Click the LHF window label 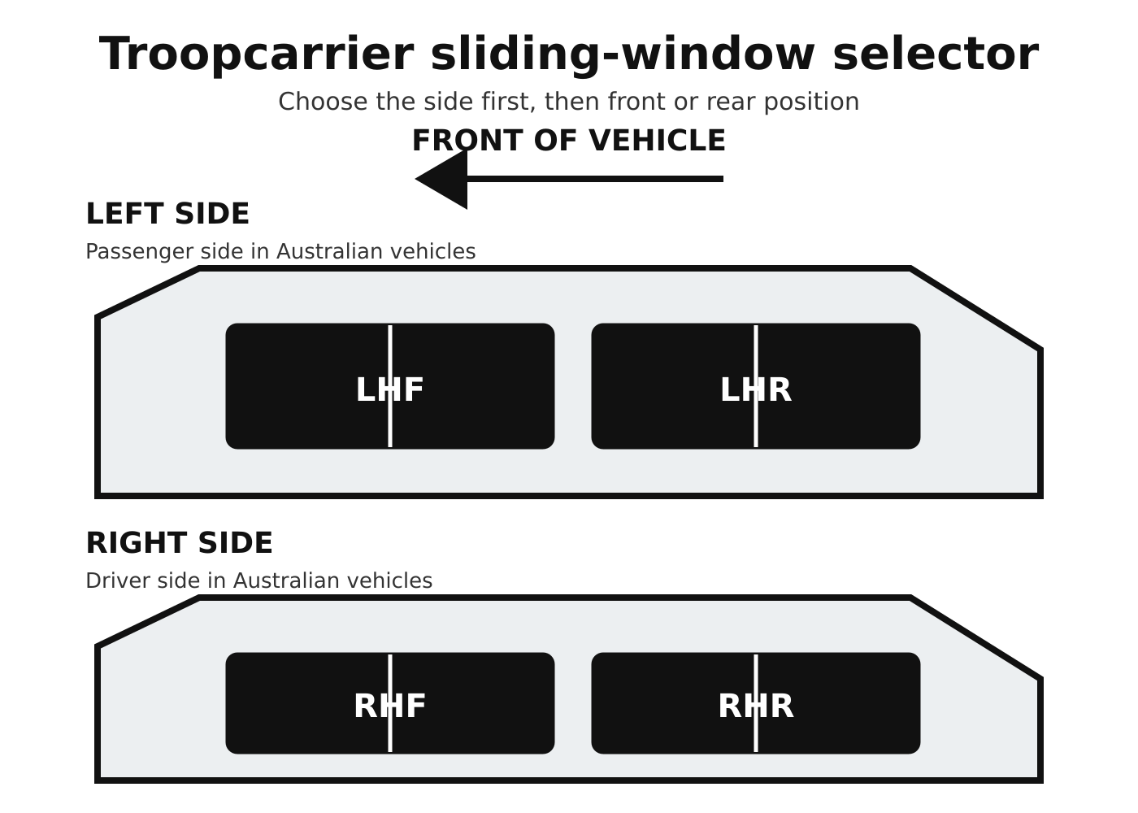(389, 390)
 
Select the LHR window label (756, 390)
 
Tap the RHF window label (389, 706)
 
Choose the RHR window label (756, 706)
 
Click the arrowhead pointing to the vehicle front (441, 179)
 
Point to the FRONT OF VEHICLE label (569, 141)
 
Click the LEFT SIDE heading (167, 214)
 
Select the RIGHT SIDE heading (180, 543)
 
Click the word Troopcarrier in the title (257, 55)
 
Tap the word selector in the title (936, 54)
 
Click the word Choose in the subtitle (324, 102)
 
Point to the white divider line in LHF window (390, 386)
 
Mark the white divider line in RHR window (756, 703)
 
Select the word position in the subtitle (811, 102)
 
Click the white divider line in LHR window (756, 386)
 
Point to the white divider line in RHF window (390, 703)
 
